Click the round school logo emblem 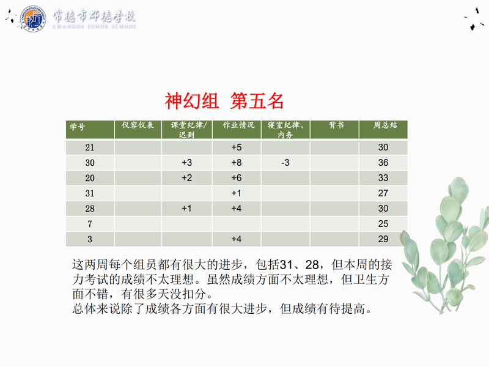coord(33,19)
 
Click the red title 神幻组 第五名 coord(224,101)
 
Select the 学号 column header coord(77,127)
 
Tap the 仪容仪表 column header coord(138,125)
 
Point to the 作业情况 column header coord(238,125)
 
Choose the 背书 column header coord(336,125)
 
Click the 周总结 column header coord(386,125)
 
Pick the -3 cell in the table coord(285,163)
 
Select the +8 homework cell coord(237,163)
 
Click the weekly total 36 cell coord(383,163)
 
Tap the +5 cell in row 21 coord(237,147)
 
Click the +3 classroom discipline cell coord(187,163)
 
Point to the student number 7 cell coord(90,224)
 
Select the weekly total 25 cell coord(383,224)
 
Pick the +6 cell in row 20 coord(237,178)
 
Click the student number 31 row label coord(90,193)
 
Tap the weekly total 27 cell coord(383,193)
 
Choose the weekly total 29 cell coord(383,239)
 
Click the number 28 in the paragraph coord(312,265)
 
